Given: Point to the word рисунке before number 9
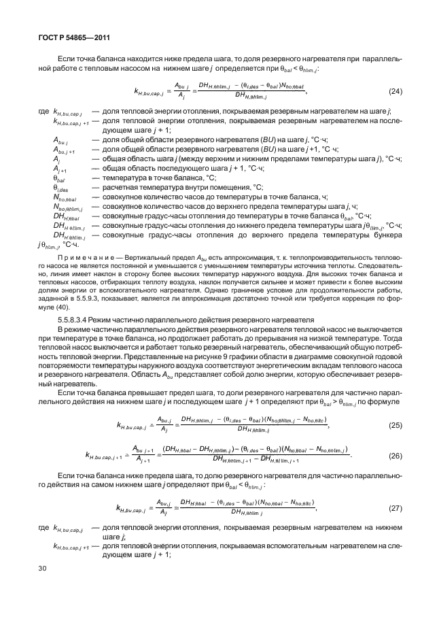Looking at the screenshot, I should (217, 356).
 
